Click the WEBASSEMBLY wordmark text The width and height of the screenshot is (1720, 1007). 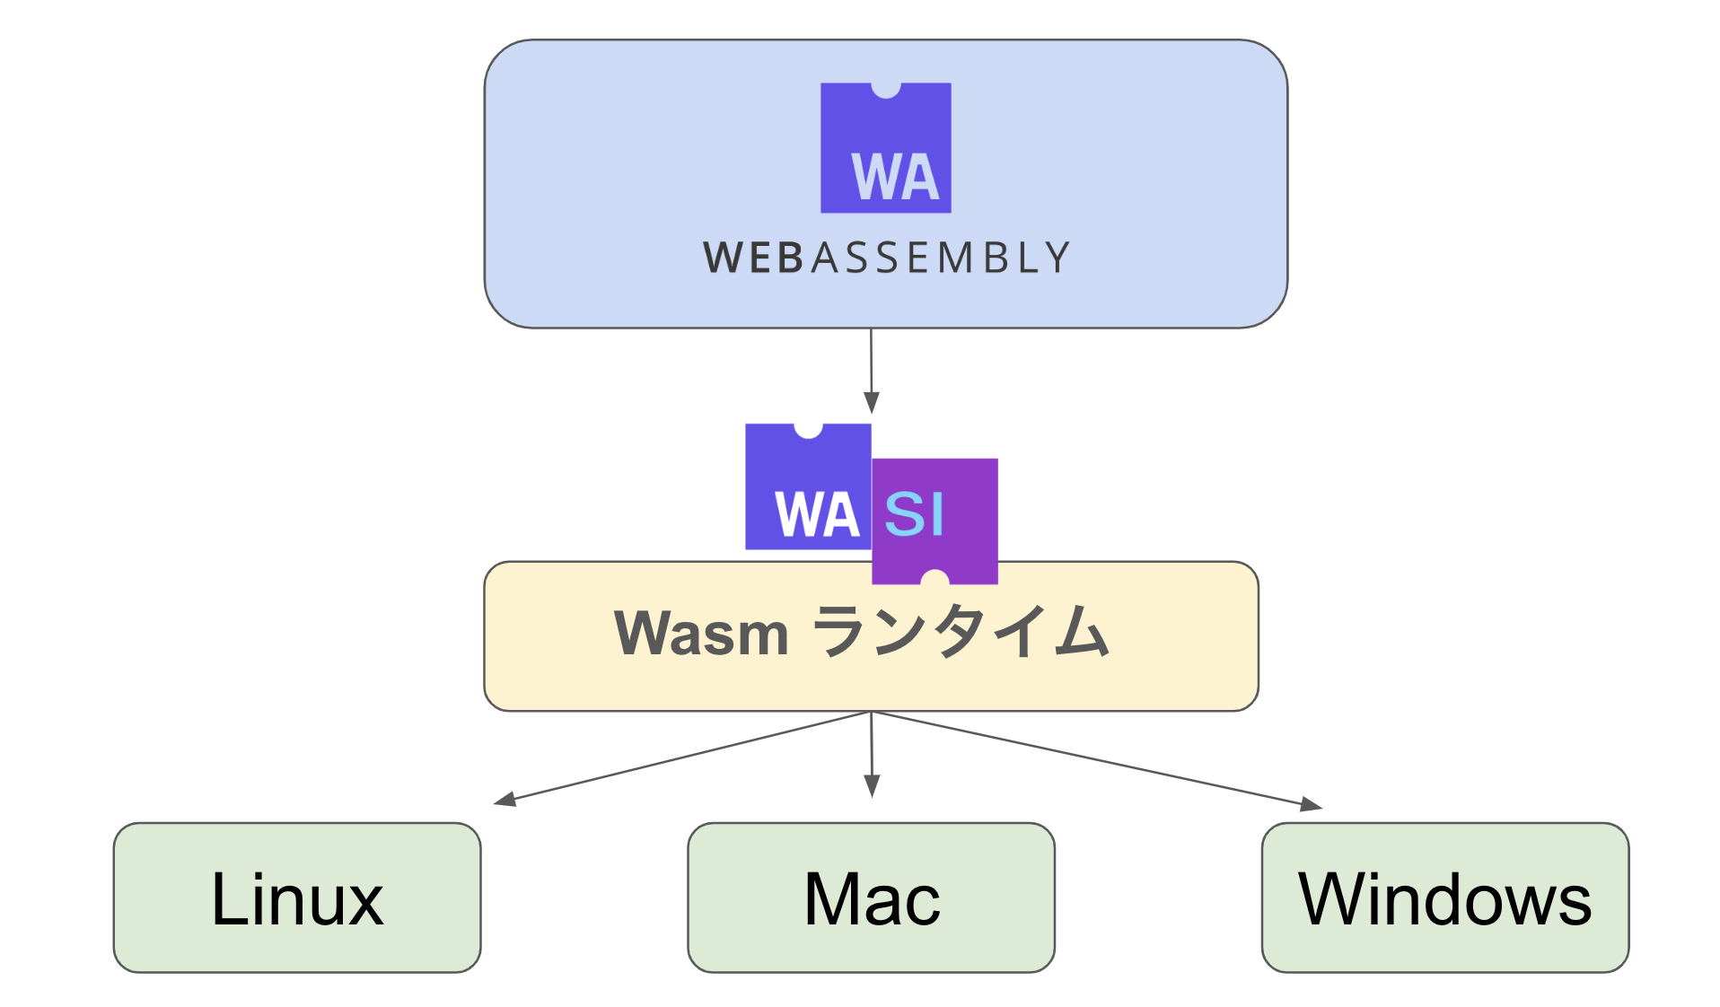(x=886, y=258)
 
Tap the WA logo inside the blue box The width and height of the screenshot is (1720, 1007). (x=885, y=148)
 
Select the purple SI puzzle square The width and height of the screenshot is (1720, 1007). (x=935, y=521)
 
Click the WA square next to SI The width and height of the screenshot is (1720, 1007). (x=808, y=487)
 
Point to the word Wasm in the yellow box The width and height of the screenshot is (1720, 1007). (x=701, y=634)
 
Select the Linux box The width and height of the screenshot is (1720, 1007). (x=297, y=897)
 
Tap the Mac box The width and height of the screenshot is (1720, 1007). (x=871, y=897)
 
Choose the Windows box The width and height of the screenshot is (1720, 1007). (x=1444, y=897)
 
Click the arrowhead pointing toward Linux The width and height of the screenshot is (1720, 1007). (x=505, y=799)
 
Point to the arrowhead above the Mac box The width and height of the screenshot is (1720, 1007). (x=872, y=786)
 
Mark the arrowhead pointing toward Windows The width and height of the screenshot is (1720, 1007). (x=1312, y=804)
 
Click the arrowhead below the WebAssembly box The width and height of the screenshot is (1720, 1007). (x=871, y=402)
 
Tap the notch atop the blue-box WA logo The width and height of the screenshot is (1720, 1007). (x=886, y=89)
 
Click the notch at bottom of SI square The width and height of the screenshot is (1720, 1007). (x=935, y=577)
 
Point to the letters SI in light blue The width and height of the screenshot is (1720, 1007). (x=914, y=514)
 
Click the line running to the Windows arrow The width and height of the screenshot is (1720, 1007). (x=1095, y=759)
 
